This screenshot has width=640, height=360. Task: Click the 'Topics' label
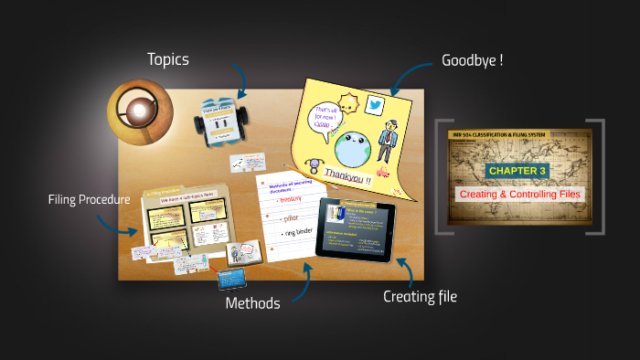coord(168,59)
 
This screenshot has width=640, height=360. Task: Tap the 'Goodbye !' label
coord(473,60)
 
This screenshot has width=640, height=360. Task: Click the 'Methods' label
coord(252,303)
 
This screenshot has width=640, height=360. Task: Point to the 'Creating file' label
coord(420,296)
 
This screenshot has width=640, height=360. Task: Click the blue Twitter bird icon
coord(374,105)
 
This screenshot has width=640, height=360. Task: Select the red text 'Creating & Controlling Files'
coord(518,194)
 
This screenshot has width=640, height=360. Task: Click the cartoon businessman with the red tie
coord(389,142)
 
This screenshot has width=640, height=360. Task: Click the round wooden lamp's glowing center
coord(138,111)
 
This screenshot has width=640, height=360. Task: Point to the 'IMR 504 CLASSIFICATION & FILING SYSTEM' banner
coord(517,136)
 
